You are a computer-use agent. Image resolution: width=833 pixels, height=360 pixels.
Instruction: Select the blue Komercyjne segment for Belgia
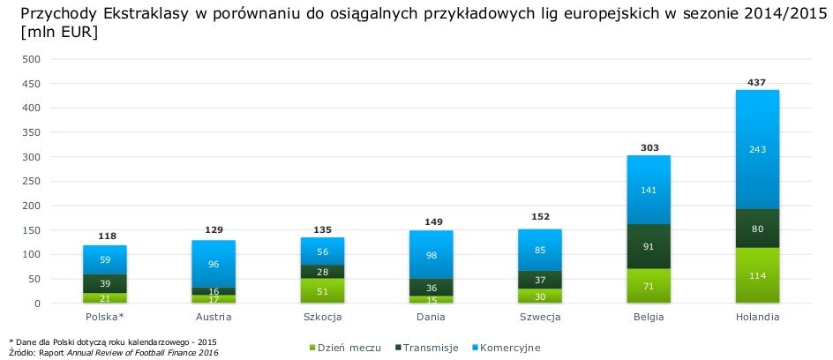tap(649, 189)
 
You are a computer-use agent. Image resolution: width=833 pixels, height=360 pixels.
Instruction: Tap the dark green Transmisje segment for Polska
tap(105, 283)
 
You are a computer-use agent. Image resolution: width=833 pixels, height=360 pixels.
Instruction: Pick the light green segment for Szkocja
tap(323, 291)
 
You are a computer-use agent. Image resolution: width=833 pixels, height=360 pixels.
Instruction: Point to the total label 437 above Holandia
tap(757, 81)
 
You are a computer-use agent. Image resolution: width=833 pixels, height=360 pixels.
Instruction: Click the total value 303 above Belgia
tap(649, 146)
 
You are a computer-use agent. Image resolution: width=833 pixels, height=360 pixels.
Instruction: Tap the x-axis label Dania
tap(432, 315)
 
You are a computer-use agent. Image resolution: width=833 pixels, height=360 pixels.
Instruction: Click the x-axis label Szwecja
tap(540, 315)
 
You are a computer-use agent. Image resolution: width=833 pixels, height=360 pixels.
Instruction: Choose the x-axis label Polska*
tap(105, 315)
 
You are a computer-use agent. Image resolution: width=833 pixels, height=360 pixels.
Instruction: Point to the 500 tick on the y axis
tap(32, 59)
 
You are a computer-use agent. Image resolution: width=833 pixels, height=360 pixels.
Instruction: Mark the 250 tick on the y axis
tap(32, 182)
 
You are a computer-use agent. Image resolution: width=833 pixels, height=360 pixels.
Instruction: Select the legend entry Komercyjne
tap(509, 348)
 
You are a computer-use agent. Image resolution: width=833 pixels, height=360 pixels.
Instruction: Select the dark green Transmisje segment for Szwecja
tap(540, 281)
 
